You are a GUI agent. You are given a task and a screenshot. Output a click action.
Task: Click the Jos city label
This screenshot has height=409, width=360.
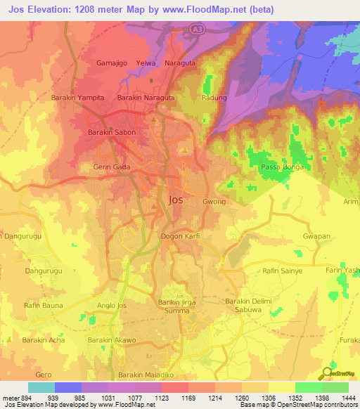tap(176, 200)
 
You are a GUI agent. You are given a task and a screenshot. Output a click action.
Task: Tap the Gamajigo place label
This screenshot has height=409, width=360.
tap(112, 63)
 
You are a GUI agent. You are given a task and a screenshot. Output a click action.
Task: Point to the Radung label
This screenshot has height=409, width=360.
tap(214, 98)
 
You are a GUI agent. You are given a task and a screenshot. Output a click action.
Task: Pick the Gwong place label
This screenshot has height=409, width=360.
tap(214, 202)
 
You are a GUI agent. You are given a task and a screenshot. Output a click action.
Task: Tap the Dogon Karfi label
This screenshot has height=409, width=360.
tap(181, 236)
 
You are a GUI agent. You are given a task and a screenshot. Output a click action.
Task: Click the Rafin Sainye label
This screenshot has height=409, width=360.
tap(283, 270)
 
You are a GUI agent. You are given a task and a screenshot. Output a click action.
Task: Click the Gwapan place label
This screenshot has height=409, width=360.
tap(316, 236)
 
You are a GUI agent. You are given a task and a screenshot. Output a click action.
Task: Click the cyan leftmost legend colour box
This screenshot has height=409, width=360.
tap(41, 387)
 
